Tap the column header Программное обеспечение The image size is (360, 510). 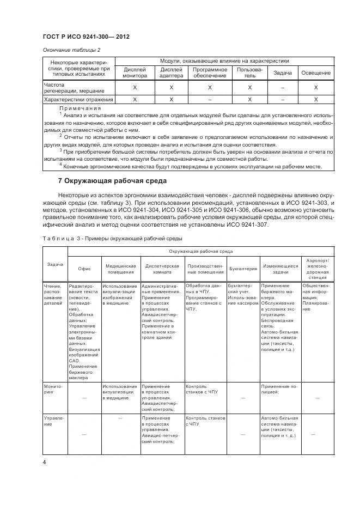click(x=210, y=72)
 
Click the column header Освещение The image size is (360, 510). click(x=316, y=73)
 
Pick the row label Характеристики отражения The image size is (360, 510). click(x=79, y=100)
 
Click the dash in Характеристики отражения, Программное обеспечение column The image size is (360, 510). click(x=210, y=100)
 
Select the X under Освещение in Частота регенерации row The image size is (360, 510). click(x=316, y=88)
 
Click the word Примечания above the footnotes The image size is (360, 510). click(x=80, y=108)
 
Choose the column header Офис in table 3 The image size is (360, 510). click(x=84, y=268)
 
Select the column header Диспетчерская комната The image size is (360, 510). click(x=162, y=268)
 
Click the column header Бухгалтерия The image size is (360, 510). click(x=243, y=268)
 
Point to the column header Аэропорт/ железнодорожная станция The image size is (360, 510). click(x=318, y=268)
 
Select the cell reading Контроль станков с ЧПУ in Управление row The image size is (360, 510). click(x=205, y=421)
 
